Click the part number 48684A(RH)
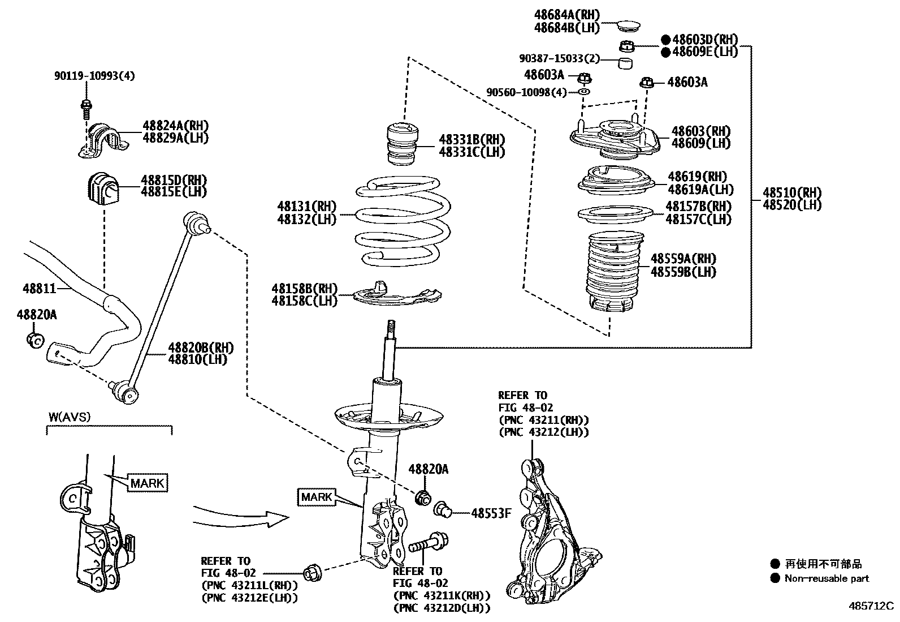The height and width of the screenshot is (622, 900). click(x=566, y=14)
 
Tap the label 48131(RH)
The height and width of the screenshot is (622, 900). click(x=306, y=206)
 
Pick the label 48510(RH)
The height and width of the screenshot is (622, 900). click(x=791, y=192)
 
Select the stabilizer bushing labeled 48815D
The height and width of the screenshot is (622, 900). click(x=102, y=188)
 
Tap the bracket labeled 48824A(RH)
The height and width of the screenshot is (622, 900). click(x=175, y=126)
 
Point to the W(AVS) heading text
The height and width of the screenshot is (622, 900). click(x=69, y=417)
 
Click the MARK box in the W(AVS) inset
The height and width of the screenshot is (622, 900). click(x=148, y=483)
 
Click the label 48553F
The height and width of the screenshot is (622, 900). click(x=491, y=513)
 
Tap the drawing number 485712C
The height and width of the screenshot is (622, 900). click(x=870, y=606)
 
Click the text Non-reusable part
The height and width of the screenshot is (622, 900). click(x=826, y=578)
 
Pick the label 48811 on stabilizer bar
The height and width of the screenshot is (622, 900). click(x=40, y=289)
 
